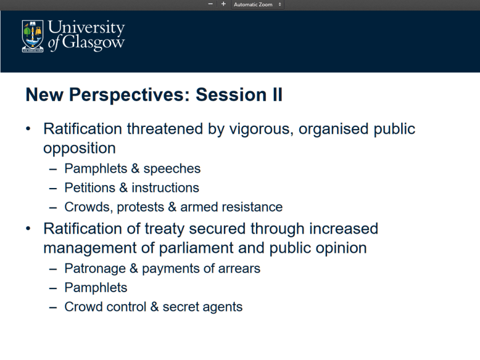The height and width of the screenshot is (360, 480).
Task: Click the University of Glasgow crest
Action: click(33, 36)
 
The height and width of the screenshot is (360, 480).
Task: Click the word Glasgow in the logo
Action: click(93, 42)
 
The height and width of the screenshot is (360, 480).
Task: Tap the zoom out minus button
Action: click(210, 4)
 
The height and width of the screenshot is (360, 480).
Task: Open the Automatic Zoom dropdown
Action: click(257, 5)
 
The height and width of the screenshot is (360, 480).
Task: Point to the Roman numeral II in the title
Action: click(277, 94)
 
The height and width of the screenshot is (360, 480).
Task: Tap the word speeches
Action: click(172, 169)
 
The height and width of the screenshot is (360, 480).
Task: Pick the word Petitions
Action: click(90, 187)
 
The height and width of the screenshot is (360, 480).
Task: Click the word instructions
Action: click(165, 187)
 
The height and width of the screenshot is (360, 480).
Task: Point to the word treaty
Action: click(165, 229)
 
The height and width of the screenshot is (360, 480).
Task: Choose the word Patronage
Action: click(95, 269)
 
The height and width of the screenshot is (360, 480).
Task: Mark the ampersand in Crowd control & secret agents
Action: click(154, 307)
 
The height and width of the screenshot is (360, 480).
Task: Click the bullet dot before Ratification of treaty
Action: click(28, 229)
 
